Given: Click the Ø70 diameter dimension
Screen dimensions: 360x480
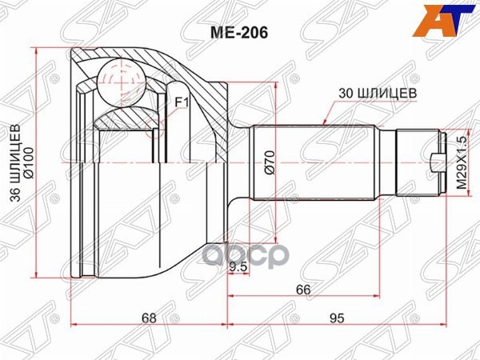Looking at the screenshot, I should click(x=270, y=164).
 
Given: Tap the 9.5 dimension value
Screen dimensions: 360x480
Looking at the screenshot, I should click(x=238, y=267).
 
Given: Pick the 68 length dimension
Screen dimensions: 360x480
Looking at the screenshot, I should click(x=149, y=318).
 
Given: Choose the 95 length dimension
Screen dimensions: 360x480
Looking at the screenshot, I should click(x=336, y=318).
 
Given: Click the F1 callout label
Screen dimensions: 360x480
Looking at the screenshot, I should click(x=181, y=102).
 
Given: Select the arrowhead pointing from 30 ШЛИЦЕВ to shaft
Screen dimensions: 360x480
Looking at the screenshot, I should click(x=321, y=122).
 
